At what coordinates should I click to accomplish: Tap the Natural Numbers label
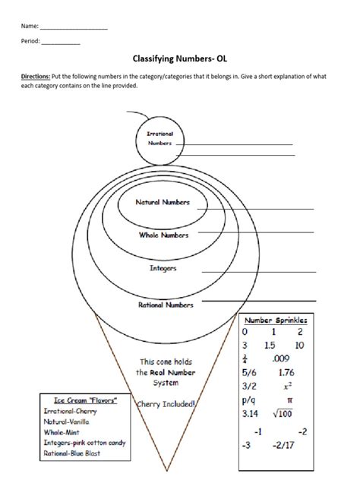coord(162,203)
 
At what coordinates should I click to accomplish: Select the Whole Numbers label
coord(163,235)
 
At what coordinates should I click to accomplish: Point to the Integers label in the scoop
coord(163,268)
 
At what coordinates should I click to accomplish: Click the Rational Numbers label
coord(165,305)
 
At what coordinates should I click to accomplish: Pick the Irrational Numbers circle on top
coord(160,138)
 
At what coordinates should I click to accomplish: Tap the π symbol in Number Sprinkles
coord(289,399)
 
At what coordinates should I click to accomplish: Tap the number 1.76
coord(286,372)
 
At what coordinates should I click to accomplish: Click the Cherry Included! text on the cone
coord(166,405)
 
